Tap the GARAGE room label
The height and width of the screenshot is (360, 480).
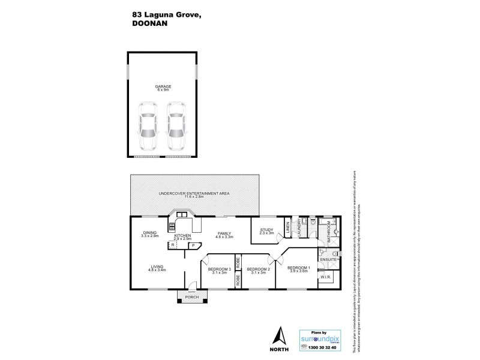tap(163, 87)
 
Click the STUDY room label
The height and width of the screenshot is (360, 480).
tap(266, 229)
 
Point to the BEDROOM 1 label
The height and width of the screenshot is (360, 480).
tap(298, 268)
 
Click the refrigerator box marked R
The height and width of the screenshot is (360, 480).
tap(173, 245)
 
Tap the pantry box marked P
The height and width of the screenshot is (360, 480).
tap(194, 245)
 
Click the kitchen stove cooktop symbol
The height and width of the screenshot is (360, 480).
tap(171, 227)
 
